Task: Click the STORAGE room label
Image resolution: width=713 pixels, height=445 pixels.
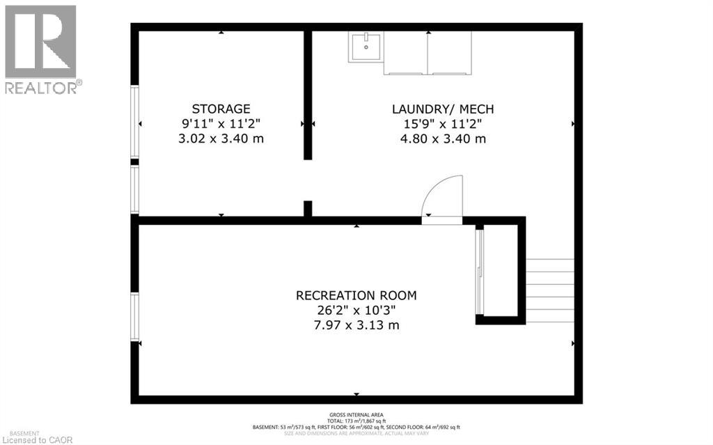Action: [221, 109]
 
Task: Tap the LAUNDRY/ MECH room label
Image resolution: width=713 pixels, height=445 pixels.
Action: [442, 109]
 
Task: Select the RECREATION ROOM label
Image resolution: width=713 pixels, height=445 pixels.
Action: [356, 295]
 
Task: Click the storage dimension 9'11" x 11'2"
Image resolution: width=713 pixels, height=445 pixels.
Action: [221, 123]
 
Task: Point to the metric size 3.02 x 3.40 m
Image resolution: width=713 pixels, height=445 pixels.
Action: [221, 139]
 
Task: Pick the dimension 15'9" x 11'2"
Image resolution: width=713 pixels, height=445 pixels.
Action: [442, 123]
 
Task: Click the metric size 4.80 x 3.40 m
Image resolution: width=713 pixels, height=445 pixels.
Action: [442, 139]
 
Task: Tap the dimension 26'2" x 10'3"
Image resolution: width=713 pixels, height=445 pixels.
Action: [356, 310]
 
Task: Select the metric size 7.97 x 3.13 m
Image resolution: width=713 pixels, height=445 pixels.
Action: [356, 325]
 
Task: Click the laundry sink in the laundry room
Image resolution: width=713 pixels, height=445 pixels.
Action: [366, 47]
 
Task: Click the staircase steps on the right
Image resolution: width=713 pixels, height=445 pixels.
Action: [549, 290]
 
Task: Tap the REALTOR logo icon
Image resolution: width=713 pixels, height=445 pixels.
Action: [40, 42]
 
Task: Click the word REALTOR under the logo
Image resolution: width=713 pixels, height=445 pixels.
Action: [42, 88]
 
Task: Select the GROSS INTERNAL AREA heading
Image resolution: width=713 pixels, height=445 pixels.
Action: [356, 415]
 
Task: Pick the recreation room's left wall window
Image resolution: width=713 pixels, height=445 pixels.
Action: [134, 317]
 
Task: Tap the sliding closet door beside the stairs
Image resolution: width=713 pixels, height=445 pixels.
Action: [478, 272]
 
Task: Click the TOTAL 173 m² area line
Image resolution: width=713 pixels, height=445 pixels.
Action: [356, 421]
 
